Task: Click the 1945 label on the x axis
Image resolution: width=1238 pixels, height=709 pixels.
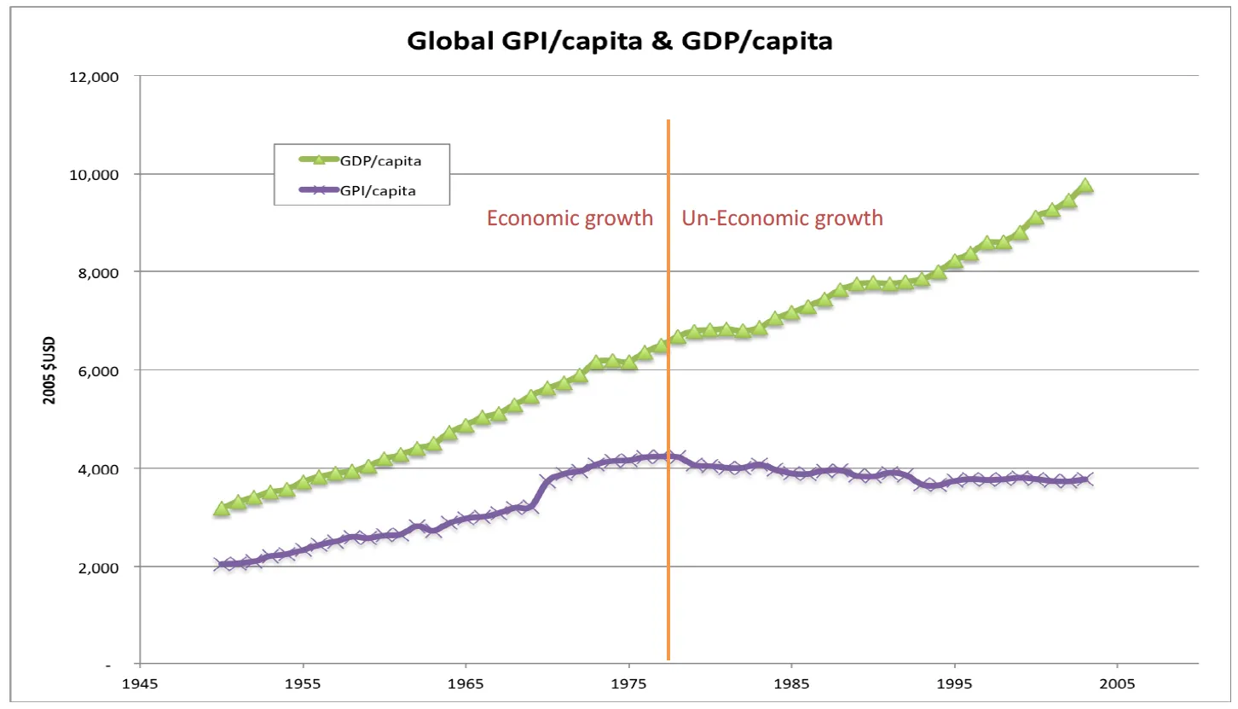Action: tap(140, 684)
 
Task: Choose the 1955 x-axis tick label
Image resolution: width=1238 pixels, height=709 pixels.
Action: tap(303, 684)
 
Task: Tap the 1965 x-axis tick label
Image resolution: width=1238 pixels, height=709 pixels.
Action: tap(466, 684)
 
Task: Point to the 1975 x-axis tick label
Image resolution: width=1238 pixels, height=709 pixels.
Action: tap(628, 684)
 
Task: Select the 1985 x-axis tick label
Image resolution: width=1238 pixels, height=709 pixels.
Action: tap(791, 684)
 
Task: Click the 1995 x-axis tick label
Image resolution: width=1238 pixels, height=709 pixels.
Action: tap(954, 684)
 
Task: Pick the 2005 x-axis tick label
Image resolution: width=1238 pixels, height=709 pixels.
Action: tap(1117, 684)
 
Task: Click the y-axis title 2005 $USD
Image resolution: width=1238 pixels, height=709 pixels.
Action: tap(50, 370)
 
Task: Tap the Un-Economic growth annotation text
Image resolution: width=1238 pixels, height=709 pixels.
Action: tap(782, 218)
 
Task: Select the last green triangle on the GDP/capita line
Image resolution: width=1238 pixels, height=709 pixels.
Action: tap(1085, 186)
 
